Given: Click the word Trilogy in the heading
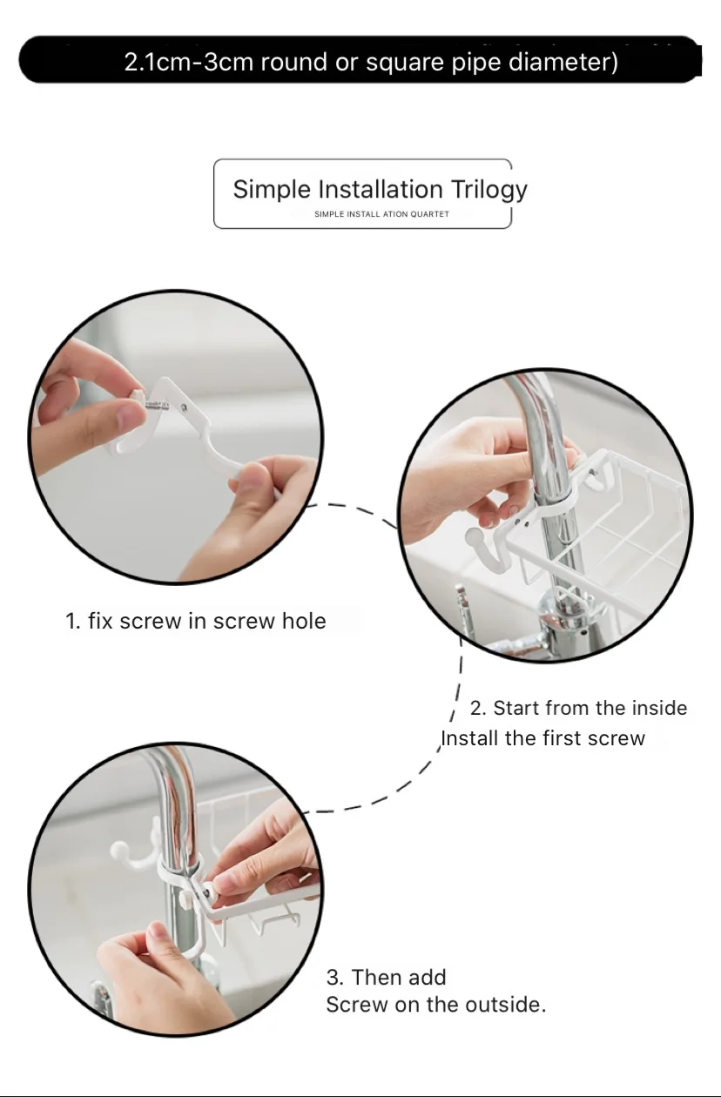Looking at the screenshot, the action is [489, 191].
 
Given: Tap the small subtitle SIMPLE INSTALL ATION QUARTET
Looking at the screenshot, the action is [381, 214].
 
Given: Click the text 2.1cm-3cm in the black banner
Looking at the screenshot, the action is [189, 62].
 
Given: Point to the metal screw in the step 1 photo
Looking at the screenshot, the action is [156, 405].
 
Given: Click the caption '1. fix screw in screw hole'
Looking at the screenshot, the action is [195, 621].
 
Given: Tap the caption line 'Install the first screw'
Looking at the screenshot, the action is [542, 738].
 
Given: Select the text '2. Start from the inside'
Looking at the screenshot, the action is [578, 708].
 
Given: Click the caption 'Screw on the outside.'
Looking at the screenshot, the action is [436, 1005].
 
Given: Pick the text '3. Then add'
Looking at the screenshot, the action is [387, 977].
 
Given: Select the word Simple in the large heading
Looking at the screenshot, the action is [272, 191].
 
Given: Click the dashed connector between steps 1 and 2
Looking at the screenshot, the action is [354, 511].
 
